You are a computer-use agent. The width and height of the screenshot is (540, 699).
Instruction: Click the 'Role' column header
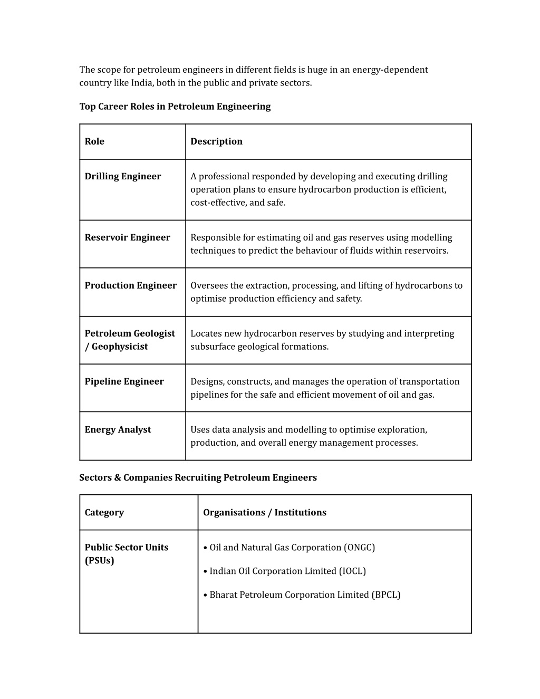(94, 141)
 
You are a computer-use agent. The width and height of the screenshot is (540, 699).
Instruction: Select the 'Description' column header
(216, 141)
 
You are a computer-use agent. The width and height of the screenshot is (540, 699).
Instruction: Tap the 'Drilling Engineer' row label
(123, 176)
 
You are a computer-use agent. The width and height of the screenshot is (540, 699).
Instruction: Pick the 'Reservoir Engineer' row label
(127, 237)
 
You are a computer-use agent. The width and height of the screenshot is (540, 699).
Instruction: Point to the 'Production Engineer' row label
(130, 285)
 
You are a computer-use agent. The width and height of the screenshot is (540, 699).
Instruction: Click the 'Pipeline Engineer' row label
(124, 381)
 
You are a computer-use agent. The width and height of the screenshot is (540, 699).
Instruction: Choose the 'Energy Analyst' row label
(118, 429)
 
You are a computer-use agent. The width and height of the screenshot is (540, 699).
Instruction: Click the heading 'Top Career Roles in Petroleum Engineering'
(175, 107)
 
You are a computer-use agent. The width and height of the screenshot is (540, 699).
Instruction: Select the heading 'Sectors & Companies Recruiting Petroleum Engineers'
(198, 477)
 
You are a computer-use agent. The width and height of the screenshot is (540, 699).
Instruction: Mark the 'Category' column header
(104, 512)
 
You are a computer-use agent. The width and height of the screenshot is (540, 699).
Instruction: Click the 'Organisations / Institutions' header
(264, 512)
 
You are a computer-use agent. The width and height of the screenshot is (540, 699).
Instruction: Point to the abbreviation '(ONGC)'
(359, 548)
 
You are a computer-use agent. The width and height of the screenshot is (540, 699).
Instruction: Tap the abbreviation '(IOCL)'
(352, 571)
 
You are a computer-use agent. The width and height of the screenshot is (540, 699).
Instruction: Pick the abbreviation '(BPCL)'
(386, 595)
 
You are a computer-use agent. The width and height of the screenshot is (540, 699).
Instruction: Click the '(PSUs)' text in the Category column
(99, 560)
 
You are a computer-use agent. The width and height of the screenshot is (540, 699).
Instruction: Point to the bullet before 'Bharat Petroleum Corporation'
(205, 595)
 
